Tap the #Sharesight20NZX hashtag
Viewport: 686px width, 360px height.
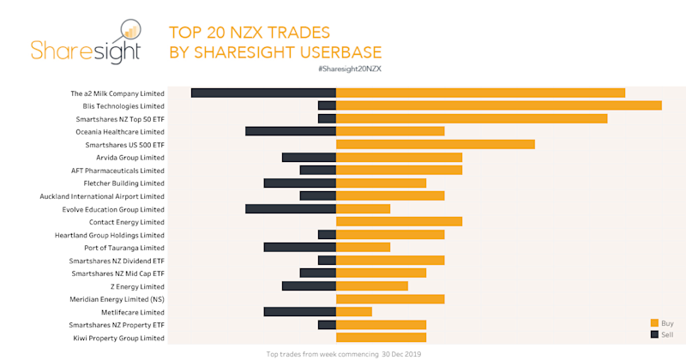(x=348, y=69)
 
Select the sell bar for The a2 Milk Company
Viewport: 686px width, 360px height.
(x=263, y=93)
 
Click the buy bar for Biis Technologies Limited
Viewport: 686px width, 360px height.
(x=498, y=105)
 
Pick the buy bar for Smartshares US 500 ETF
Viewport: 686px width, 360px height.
(x=435, y=144)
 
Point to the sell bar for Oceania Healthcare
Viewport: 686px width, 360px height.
(x=290, y=131)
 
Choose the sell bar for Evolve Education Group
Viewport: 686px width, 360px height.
(x=290, y=208)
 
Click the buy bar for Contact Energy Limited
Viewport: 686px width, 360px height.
(x=399, y=221)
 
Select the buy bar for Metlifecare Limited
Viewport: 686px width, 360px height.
(x=353, y=311)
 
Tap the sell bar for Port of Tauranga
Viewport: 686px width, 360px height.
(x=299, y=247)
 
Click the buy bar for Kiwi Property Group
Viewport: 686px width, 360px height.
(x=381, y=338)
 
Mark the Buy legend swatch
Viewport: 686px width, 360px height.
(x=654, y=323)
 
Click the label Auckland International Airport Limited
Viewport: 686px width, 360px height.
(x=102, y=196)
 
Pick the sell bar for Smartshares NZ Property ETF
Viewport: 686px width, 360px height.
(x=326, y=324)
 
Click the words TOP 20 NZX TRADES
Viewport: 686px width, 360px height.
(x=250, y=33)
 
